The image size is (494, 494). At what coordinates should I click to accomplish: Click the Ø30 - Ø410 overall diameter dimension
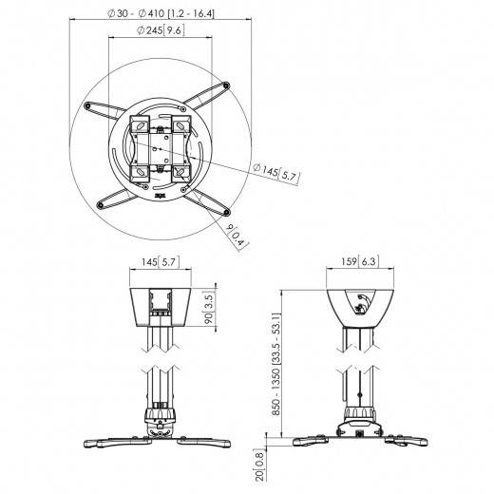click(161, 13)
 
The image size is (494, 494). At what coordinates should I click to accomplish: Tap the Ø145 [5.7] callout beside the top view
click(275, 173)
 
